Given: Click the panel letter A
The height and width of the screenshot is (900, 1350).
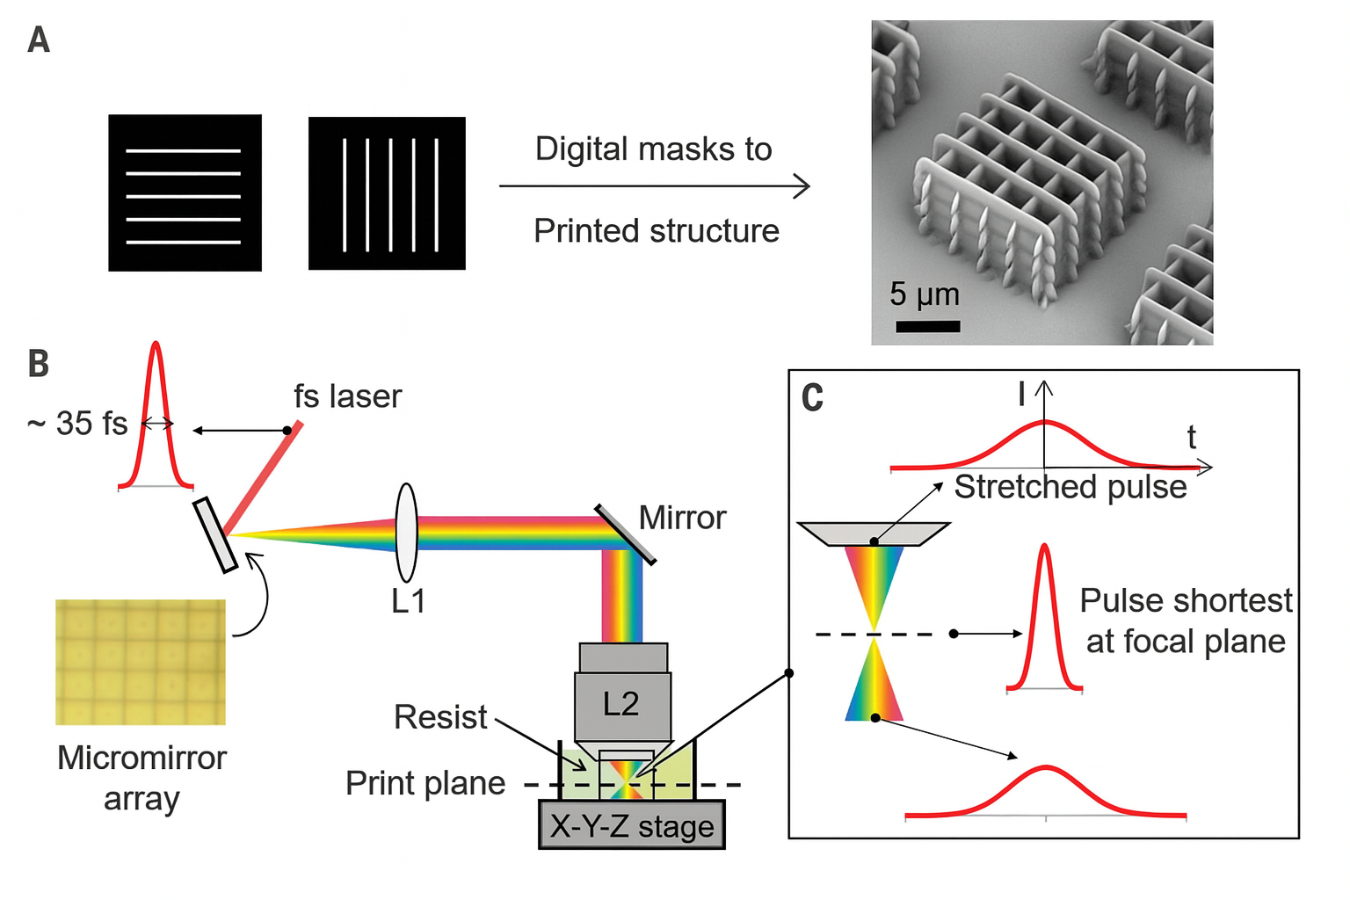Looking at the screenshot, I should click(39, 40).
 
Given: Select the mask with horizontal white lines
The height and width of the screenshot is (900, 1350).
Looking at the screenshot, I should click(185, 192).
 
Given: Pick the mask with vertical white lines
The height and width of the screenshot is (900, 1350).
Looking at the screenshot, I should click(387, 193).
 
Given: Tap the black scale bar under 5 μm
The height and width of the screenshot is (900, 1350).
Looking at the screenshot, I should click(927, 326).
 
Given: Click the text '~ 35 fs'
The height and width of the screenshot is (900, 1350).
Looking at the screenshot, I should click(77, 424).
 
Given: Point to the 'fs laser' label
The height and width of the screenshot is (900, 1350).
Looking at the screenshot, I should click(347, 396).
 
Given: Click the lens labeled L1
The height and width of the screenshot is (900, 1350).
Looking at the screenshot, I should click(406, 533).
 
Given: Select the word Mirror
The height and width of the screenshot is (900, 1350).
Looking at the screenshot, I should click(682, 518).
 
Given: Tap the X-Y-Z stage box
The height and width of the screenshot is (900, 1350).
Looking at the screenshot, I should click(632, 825).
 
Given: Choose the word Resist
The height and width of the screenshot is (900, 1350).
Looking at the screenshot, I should click(439, 717).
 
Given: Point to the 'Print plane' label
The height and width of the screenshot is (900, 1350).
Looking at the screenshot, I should click(425, 783).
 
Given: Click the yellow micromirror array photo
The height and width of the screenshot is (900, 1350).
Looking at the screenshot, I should click(141, 662).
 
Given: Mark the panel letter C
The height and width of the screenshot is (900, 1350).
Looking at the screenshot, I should click(812, 398).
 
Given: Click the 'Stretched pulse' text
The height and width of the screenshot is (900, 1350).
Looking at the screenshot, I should click(1071, 487).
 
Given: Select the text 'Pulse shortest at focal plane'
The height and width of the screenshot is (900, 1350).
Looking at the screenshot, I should click(1186, 621).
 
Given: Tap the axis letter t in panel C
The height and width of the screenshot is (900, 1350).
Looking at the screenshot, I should click(1192, 437).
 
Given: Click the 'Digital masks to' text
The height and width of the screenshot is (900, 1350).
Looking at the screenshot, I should click(653, 149).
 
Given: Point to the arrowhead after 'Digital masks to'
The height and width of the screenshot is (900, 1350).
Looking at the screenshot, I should click(802, 186).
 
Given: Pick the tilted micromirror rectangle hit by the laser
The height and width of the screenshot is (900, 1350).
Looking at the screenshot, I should click(215, 535).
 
